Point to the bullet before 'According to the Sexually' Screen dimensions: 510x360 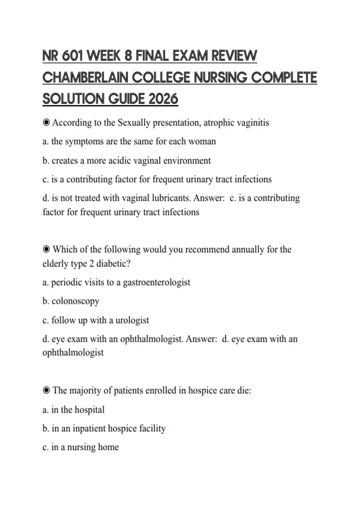(46, 122)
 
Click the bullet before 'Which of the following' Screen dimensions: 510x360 (46, 249)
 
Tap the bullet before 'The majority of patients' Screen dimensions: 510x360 (46, 390)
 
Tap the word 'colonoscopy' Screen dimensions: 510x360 (75, 301)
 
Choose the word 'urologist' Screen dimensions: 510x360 (132, 320)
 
